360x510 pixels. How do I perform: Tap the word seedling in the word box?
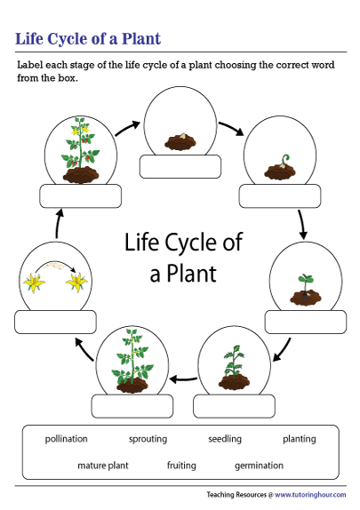pos(225,439)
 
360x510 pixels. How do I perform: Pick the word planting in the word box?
pos(299,439)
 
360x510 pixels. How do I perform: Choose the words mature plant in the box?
pos(104,465)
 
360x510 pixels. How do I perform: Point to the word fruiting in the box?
pos(182,465)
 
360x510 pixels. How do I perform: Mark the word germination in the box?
pos(259,465)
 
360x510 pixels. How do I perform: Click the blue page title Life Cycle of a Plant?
pos(88,39)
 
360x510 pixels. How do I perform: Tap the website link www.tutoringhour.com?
pos(312,494)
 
